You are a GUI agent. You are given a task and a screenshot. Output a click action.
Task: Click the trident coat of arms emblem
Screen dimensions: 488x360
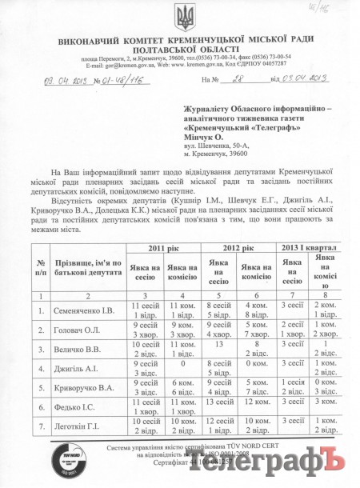pyautogui.click(x=181, y=17)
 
